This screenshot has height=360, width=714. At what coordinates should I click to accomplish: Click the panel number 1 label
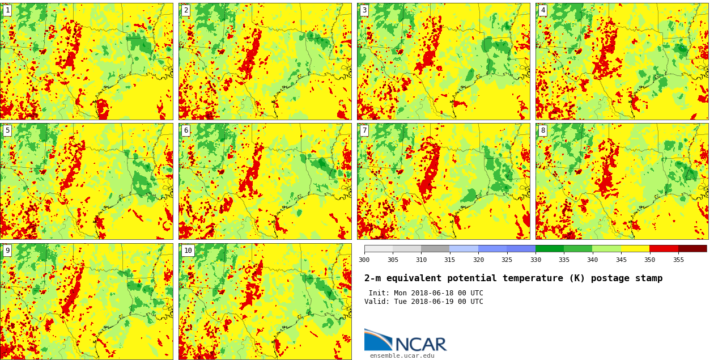[x=7, y=10]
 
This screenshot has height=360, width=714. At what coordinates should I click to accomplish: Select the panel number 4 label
[x=543, y=10]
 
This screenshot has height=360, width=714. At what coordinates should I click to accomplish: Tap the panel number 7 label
[x=364, y=130]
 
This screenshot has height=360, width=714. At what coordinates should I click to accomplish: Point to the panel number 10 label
[x=188, y=251]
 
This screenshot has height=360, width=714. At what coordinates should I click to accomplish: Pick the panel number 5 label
[x=7, y=130]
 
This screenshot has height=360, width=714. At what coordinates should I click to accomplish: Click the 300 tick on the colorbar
[x=364, y=260]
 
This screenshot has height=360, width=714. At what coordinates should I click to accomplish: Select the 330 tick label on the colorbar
[x=535, y=260]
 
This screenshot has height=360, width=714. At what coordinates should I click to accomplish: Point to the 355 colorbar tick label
[x=678, y=260]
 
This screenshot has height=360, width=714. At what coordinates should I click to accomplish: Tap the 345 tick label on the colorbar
[x=621, y=260]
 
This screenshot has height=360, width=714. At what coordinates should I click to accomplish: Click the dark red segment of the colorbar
[x=692, y=248]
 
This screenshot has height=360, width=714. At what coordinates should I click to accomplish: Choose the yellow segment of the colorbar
[x=635, y=248]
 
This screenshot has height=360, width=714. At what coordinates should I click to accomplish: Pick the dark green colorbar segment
[x=550, y=248]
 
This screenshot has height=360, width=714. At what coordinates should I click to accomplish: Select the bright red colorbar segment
[x=664, y=248]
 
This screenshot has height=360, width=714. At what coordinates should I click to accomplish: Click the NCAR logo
[x=405, y=341]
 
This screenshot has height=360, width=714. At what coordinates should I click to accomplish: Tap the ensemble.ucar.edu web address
[x=402, y=356]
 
